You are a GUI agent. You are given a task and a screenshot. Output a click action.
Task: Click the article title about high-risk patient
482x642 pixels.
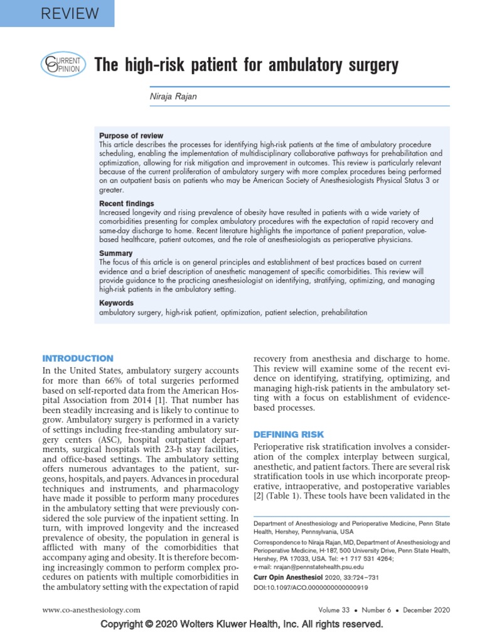click(x=246, y=65)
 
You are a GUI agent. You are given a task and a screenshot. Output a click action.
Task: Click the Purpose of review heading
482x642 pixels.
click(x=131, y=135)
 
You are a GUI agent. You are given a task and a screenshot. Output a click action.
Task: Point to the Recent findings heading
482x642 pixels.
click(x=126, y=204)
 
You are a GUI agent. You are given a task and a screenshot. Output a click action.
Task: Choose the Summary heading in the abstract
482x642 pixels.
click(x=115, y=253)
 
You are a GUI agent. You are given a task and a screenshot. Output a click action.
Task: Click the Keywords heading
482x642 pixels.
click(x=117, y=303)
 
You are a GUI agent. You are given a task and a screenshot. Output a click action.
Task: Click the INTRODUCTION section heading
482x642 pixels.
click(x=78, y=359)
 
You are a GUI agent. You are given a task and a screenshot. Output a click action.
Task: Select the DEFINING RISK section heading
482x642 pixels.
click(x=288, y=434)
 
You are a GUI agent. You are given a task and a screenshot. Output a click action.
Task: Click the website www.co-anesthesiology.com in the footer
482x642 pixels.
click(x=91, y=610)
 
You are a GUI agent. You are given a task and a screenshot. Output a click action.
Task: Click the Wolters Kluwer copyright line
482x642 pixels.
click(x=241, y=624)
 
